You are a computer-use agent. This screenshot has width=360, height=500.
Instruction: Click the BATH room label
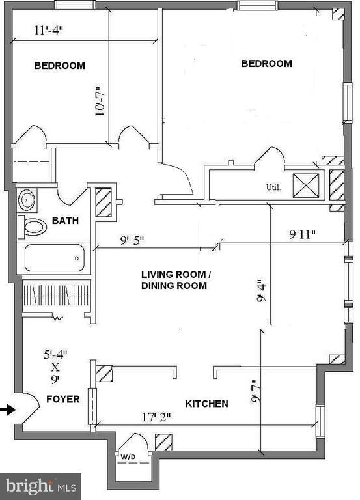point(66,221)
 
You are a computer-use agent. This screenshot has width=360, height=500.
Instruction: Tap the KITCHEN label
point(206,404)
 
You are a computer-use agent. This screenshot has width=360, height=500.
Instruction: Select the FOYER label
point(62,398)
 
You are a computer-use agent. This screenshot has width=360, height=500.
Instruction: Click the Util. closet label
point(273,187)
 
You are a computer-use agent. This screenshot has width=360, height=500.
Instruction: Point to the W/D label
point(128,457)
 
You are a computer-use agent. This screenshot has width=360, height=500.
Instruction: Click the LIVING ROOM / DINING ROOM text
point(174,280)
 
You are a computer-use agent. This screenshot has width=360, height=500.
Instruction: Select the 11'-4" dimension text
point(50,30)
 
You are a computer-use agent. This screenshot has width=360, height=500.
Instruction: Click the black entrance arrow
point(7,410)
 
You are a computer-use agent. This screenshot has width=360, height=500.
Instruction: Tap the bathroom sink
point(27,200)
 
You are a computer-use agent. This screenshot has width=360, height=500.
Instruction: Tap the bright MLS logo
point(40,486)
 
